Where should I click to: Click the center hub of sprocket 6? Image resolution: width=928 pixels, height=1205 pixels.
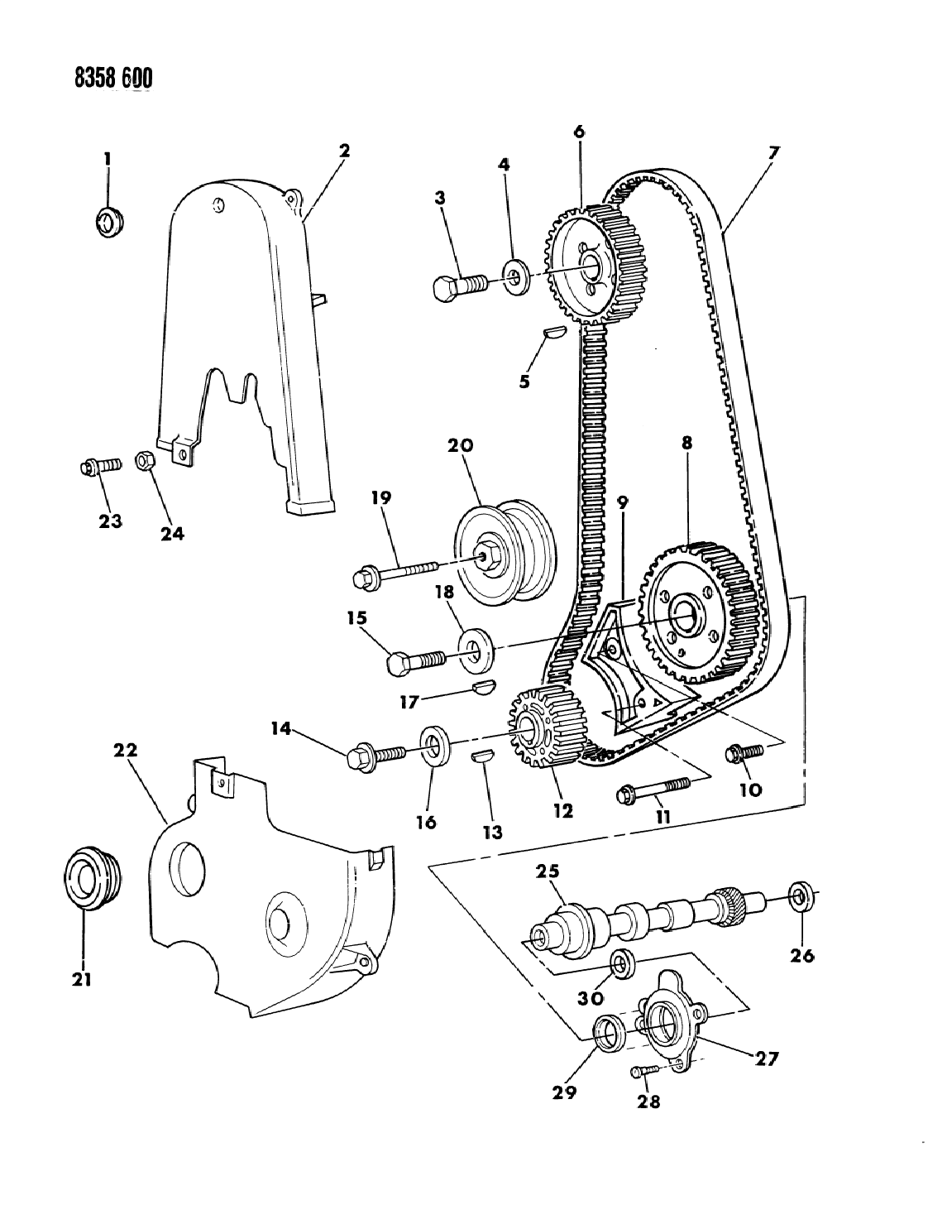[x=591, y=264]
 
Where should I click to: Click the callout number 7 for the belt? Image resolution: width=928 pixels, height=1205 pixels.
[x=773, y=152]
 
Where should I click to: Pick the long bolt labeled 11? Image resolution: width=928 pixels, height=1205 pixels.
[x=653, y=790]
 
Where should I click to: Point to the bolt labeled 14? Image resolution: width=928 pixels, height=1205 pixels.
[x=376, y=754]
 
